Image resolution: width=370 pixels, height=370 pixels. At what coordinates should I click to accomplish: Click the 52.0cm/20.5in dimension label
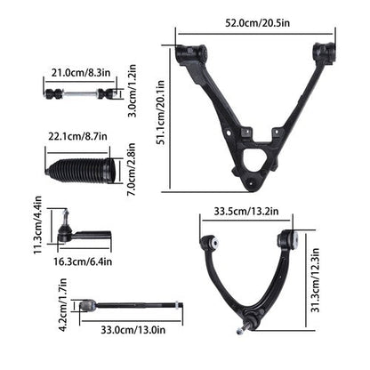tap(257, 23)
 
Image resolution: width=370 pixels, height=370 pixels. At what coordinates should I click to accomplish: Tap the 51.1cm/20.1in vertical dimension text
tap(161, 112)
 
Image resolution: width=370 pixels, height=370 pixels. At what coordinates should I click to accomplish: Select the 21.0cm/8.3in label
tap(81, 72)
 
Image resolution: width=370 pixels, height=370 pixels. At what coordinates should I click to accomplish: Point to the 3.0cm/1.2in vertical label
tap(133, 91)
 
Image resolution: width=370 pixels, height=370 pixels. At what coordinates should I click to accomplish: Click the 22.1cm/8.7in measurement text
tap(77, 136)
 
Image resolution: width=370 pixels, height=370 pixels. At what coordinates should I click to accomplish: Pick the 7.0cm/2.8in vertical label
tap(131, 169)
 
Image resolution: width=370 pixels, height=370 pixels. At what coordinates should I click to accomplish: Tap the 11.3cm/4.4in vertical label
tap(37, 225)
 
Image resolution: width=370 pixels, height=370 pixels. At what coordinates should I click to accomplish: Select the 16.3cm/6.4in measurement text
tap(83, 261)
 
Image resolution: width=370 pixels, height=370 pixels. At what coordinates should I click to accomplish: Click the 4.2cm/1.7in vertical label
tap(63, 304)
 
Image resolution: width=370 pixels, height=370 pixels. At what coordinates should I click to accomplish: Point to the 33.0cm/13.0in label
tap(133, 330)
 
